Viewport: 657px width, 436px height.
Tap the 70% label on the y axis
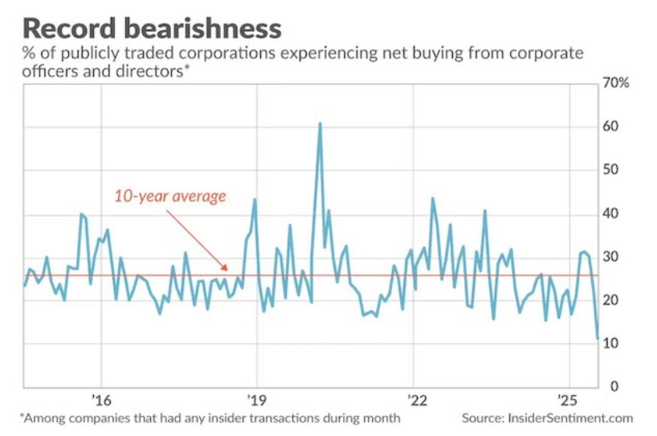[616, 84]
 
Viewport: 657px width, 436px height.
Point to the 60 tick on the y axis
[612, 127]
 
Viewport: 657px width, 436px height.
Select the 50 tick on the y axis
[612, 170]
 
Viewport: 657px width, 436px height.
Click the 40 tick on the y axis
[612, 214]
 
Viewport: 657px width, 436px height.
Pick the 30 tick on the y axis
[612, 257]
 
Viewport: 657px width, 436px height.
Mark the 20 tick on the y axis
[612, 300]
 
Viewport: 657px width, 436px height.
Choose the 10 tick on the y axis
[612, 344]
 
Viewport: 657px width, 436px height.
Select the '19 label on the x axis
[257, 400]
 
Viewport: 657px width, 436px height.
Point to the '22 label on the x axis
[414, 400]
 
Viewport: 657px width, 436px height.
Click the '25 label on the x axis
[569, 400]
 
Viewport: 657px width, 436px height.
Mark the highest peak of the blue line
[320, 124]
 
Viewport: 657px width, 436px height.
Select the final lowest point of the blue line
[598, 340]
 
